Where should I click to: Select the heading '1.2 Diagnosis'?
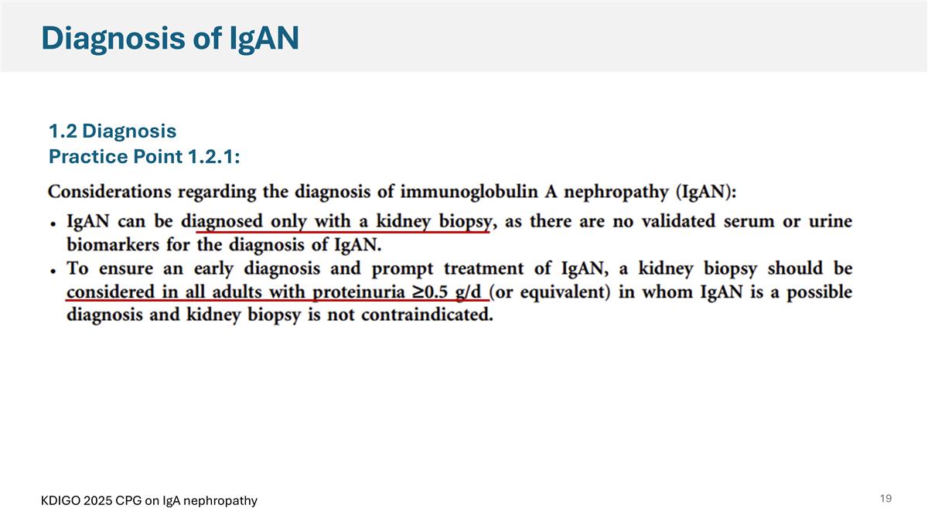[x=113, y=131]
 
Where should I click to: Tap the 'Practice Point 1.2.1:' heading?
[x=144, y=157]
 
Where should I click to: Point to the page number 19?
[x=885, y=499]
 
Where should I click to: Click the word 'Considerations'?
[x=107, y=191]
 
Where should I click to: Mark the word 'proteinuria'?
[x=363, y=293]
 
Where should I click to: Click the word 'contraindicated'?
[x=428, y=316]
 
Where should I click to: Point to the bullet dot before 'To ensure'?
[x=53, y=271]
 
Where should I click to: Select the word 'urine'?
[x=828, y=223]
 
